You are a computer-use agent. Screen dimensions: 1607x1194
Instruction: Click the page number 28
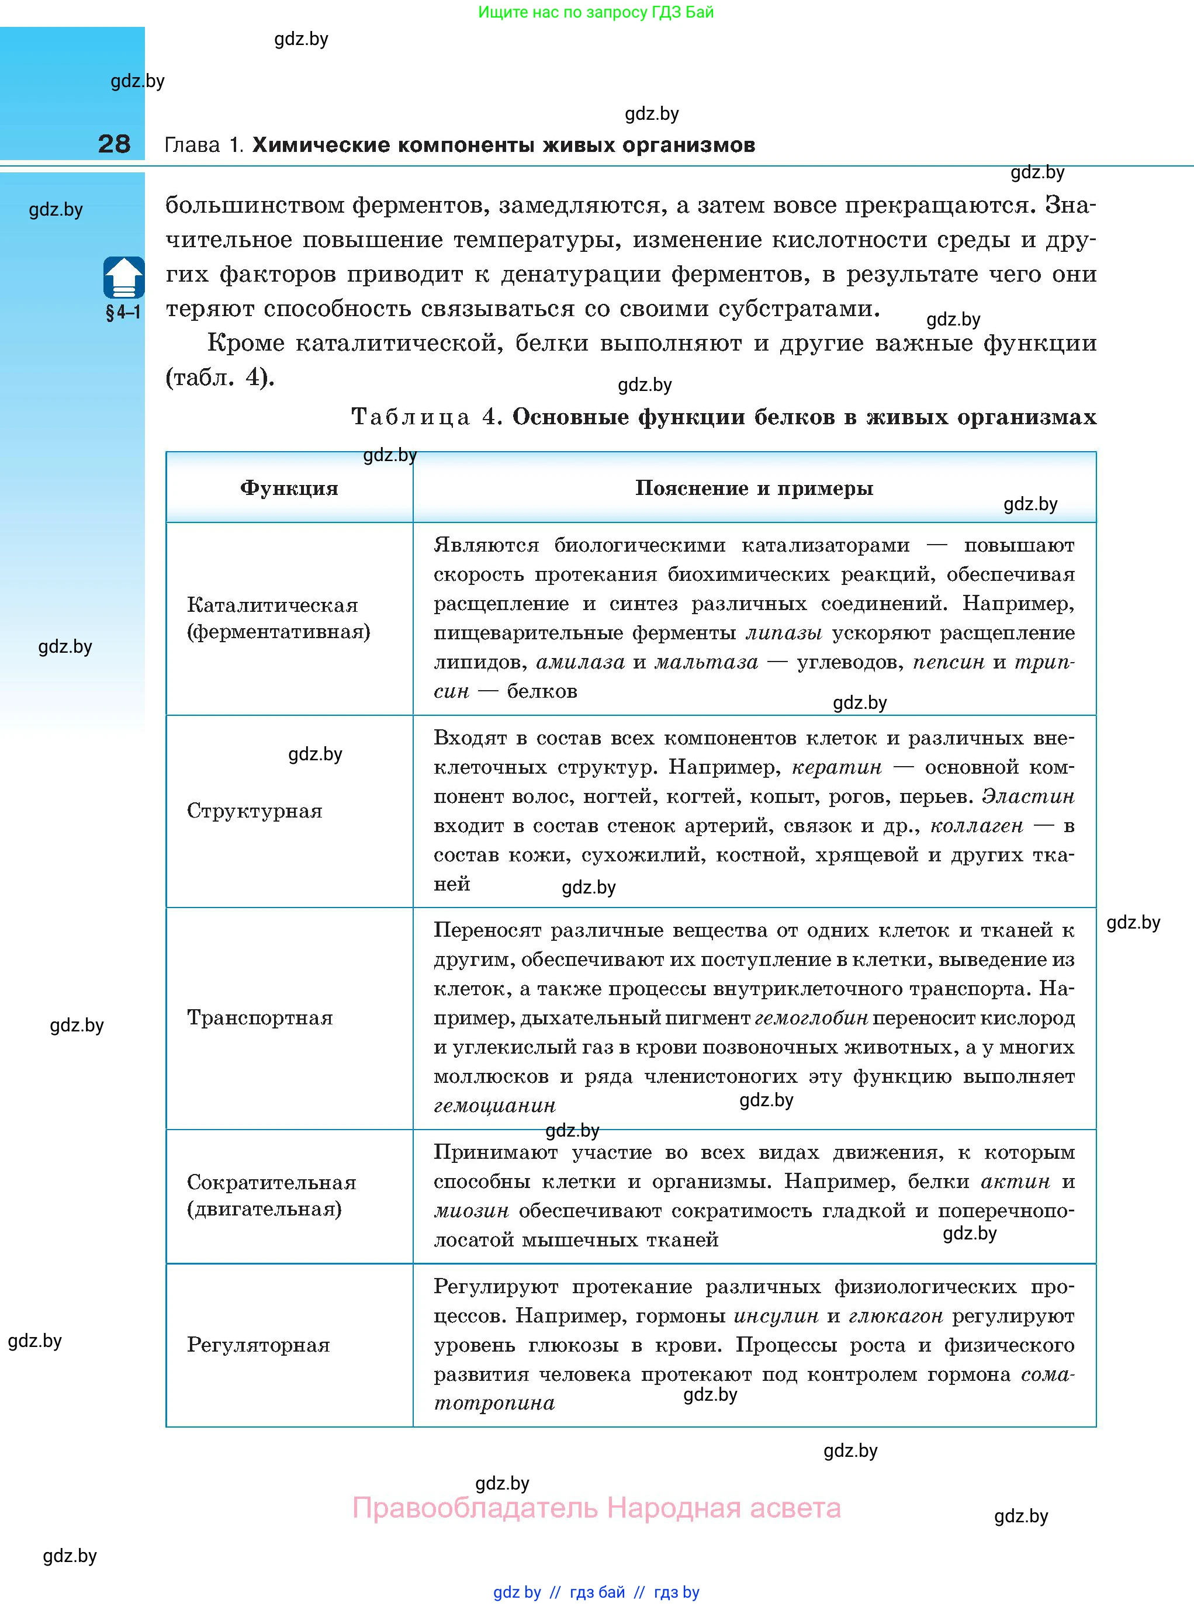[114, 144]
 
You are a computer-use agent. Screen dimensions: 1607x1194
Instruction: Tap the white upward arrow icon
[123, 278]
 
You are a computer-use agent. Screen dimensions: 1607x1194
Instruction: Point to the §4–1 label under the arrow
[123, 313]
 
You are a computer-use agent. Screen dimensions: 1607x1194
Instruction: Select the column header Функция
[289, 489]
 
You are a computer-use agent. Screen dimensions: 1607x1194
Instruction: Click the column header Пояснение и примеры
[754, 489]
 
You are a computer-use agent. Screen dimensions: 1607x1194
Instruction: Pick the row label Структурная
[254, 811]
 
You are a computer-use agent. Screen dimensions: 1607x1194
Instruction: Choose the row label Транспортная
[259, 1017]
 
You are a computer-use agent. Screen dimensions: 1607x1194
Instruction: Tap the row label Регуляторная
[258, 1345]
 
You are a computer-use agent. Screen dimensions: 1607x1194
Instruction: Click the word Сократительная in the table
[271, 1182]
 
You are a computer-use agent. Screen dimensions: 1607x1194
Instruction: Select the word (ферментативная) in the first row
[278, 632]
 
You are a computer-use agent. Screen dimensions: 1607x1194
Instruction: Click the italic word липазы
[784, 633]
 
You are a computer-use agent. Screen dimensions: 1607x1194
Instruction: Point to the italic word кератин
[837, 767]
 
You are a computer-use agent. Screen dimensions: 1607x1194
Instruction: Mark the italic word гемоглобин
[811, 1018]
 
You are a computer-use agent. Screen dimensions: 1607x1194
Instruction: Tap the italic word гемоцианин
[494, 1106]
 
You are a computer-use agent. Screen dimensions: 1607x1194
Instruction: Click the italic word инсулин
[776, 1316]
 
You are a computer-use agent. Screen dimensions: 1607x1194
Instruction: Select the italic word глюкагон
[895, 1316]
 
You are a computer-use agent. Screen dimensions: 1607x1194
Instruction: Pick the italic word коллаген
[977, 825]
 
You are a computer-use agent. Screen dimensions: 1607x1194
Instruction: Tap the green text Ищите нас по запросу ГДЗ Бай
[596, 12]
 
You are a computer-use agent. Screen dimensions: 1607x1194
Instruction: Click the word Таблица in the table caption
[410, 417]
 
